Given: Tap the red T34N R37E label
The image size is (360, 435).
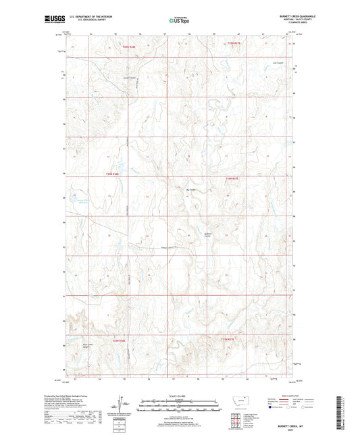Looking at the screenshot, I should coord(232,178).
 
